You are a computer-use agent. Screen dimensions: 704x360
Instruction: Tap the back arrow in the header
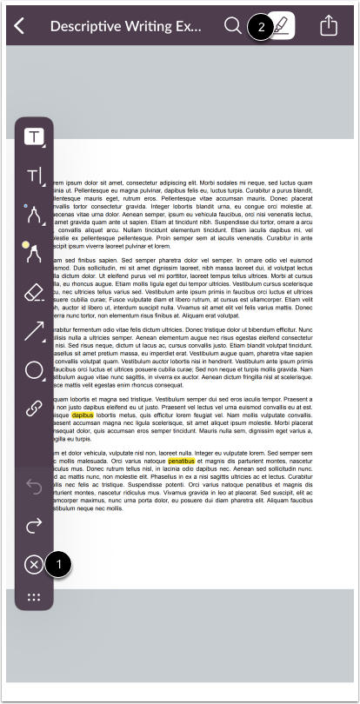click(x=20, y=25)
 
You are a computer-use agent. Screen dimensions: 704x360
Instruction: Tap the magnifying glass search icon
click(x=233, y=25)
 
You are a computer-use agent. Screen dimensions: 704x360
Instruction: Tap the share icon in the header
click(x=328, y=25)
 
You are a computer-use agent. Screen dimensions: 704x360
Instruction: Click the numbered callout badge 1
click(x=59, y=563)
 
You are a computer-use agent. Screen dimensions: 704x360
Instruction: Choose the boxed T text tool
click(x=35, y=136)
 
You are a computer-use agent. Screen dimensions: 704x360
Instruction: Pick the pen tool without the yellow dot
click(x=35, y=213)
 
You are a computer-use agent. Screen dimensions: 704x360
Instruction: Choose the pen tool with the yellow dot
click(x=35, y=253)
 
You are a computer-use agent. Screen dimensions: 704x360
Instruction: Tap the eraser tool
click(x=35, y=294)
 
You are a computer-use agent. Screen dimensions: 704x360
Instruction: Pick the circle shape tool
click(x=35, y=370)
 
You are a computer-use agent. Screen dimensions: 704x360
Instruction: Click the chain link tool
click(x=35, y=409)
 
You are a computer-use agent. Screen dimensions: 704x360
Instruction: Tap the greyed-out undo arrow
click(x=35, y=487)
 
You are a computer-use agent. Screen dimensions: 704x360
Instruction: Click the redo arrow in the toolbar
click(x=35, y=525)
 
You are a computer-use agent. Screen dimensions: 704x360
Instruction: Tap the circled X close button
click(x=34, y=565)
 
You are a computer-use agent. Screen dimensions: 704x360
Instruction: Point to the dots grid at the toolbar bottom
click(x=35, y=597)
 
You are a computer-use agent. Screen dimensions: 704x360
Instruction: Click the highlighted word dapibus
click(x=83, y=415)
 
